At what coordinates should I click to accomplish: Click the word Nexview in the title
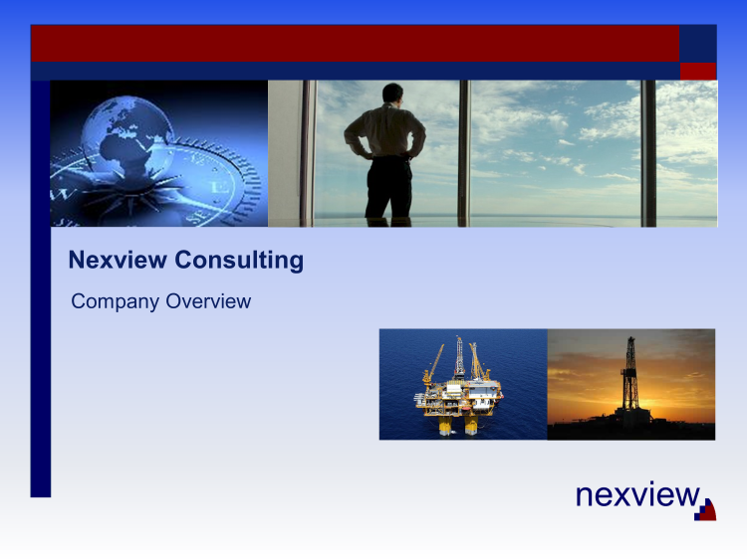pos(118,260)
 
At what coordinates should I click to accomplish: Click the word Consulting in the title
pos(239,261)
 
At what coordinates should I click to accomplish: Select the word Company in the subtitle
pos(115,301)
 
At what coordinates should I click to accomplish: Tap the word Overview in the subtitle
pos(208,301)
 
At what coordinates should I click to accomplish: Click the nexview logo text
pos(637,494)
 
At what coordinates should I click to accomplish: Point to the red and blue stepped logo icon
pos(705,509)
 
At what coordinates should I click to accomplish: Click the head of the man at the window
pos(392,93)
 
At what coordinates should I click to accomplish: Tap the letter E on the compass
pos(220,187)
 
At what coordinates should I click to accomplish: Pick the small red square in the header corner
pos(698,72)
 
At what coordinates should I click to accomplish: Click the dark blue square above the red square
pos(698,44)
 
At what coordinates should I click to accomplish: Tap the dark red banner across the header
pos(355,44)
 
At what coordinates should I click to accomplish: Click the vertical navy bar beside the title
pos(41,288)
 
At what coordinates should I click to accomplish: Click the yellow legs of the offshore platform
pos(458,426)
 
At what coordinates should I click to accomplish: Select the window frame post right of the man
pos(464,153)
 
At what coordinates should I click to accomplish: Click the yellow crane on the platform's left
pos(432,365)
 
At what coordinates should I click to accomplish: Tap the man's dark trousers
pos(388,187)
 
